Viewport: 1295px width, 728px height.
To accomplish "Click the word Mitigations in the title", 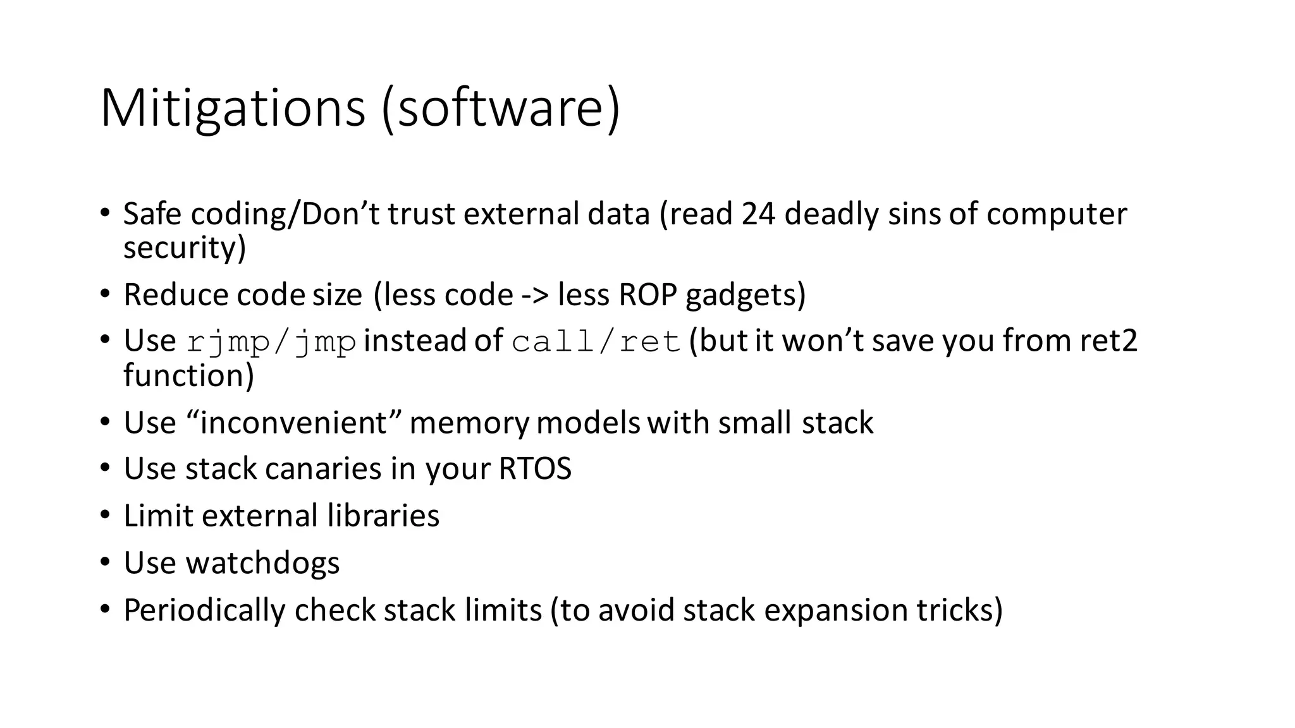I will [x=233, y=109].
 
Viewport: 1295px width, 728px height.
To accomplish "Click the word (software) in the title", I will [x=501, y=109].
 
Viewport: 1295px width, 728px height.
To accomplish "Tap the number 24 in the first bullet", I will [x=758, y=214].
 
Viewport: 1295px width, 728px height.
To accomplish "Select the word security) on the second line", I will [x=184, y=248].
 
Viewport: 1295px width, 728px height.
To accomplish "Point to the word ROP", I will [x=648, y=295].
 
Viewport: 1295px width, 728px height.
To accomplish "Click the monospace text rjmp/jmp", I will [x=272, y=342].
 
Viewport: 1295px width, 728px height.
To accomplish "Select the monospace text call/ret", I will [x=596, y=342].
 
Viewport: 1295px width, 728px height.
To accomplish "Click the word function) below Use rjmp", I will [x=188, y=376].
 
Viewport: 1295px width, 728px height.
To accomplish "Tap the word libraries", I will [x=383, y=516].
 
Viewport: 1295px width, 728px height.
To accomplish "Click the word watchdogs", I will [x=262, y=563].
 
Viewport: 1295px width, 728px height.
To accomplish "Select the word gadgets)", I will [x=746, y=295].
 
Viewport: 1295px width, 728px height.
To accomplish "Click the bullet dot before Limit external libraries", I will [x=105, y=514].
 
